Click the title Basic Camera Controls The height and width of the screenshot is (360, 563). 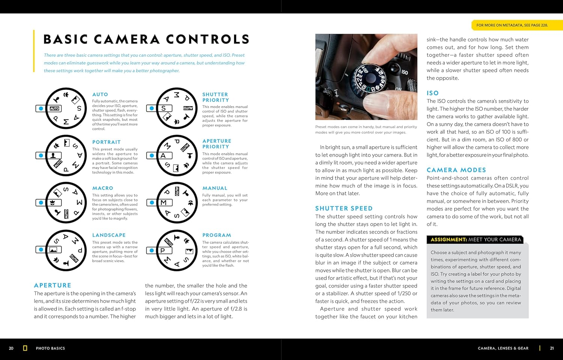(x=146, y=39)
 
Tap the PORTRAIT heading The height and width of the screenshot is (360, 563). (x=107, y=142)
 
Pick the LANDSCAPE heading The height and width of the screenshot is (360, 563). (x=109, y=235)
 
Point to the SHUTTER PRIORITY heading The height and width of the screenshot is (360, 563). (x=215, y=97)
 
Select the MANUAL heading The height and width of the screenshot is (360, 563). (x=215, y=188)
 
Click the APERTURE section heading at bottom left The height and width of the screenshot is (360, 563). (x=53, y=285)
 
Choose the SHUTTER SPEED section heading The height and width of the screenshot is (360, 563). (x=344, y=208)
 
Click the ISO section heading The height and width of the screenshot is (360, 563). (x=432, y=93)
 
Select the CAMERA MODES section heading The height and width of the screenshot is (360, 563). (x=456, y=170)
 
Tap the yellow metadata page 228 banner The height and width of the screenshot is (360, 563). (x=512, y=25)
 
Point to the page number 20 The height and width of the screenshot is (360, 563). (x=11, y=348)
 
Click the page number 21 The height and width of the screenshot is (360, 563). (x=552, y=348)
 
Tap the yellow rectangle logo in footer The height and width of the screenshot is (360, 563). (x=25, y=348)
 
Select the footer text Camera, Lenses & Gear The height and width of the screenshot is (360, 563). (x=503, y=348)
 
